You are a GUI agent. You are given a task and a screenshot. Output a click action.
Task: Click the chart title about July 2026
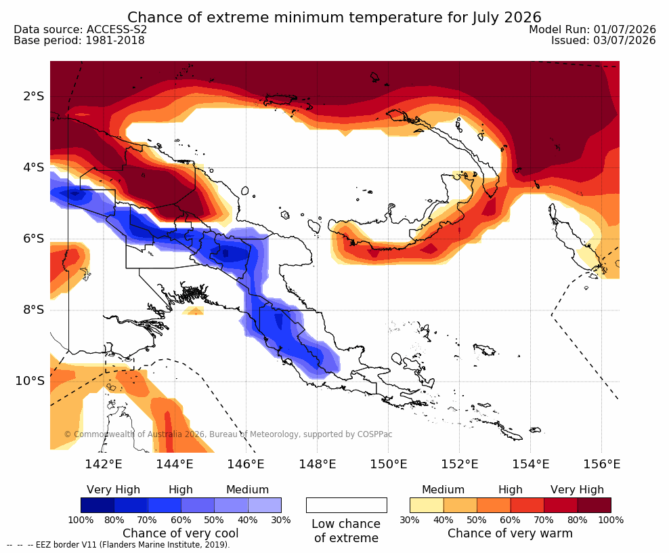pos(334,17)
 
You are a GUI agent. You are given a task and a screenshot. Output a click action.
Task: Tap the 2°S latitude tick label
pos(33,96)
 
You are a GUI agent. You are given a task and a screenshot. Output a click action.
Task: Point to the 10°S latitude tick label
pos(30,381)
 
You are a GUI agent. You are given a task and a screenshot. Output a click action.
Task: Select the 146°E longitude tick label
pos(246,464)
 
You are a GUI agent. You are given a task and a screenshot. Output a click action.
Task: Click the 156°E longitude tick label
pos(601,464)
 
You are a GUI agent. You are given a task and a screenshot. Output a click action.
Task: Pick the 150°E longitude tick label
pos(388,464)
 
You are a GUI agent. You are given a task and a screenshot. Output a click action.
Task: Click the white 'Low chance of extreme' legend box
pos(347,505)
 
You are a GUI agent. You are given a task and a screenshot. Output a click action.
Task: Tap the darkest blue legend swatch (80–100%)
pos(98,505)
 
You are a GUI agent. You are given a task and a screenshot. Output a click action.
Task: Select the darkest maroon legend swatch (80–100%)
pos(595,505)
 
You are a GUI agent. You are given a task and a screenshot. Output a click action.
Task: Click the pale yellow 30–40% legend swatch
pos(427,505)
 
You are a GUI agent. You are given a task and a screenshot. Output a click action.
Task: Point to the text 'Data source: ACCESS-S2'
pos(80,29)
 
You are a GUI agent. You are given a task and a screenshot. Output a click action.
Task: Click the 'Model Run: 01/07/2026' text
pos(592,29)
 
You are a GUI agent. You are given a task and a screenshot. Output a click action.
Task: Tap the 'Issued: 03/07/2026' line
pos(603,41)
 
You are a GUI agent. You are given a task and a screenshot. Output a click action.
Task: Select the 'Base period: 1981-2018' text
pos(79,41)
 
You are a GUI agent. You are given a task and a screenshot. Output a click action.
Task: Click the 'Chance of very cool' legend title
pos(181,533)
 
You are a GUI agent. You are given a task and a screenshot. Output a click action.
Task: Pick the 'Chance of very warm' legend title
pos(510,533)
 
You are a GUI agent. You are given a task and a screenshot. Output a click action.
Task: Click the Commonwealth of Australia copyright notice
pos(228,434)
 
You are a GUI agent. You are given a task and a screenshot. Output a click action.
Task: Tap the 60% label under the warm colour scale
pos(510,520)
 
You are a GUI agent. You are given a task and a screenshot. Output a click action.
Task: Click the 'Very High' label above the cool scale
pos(113,490)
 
